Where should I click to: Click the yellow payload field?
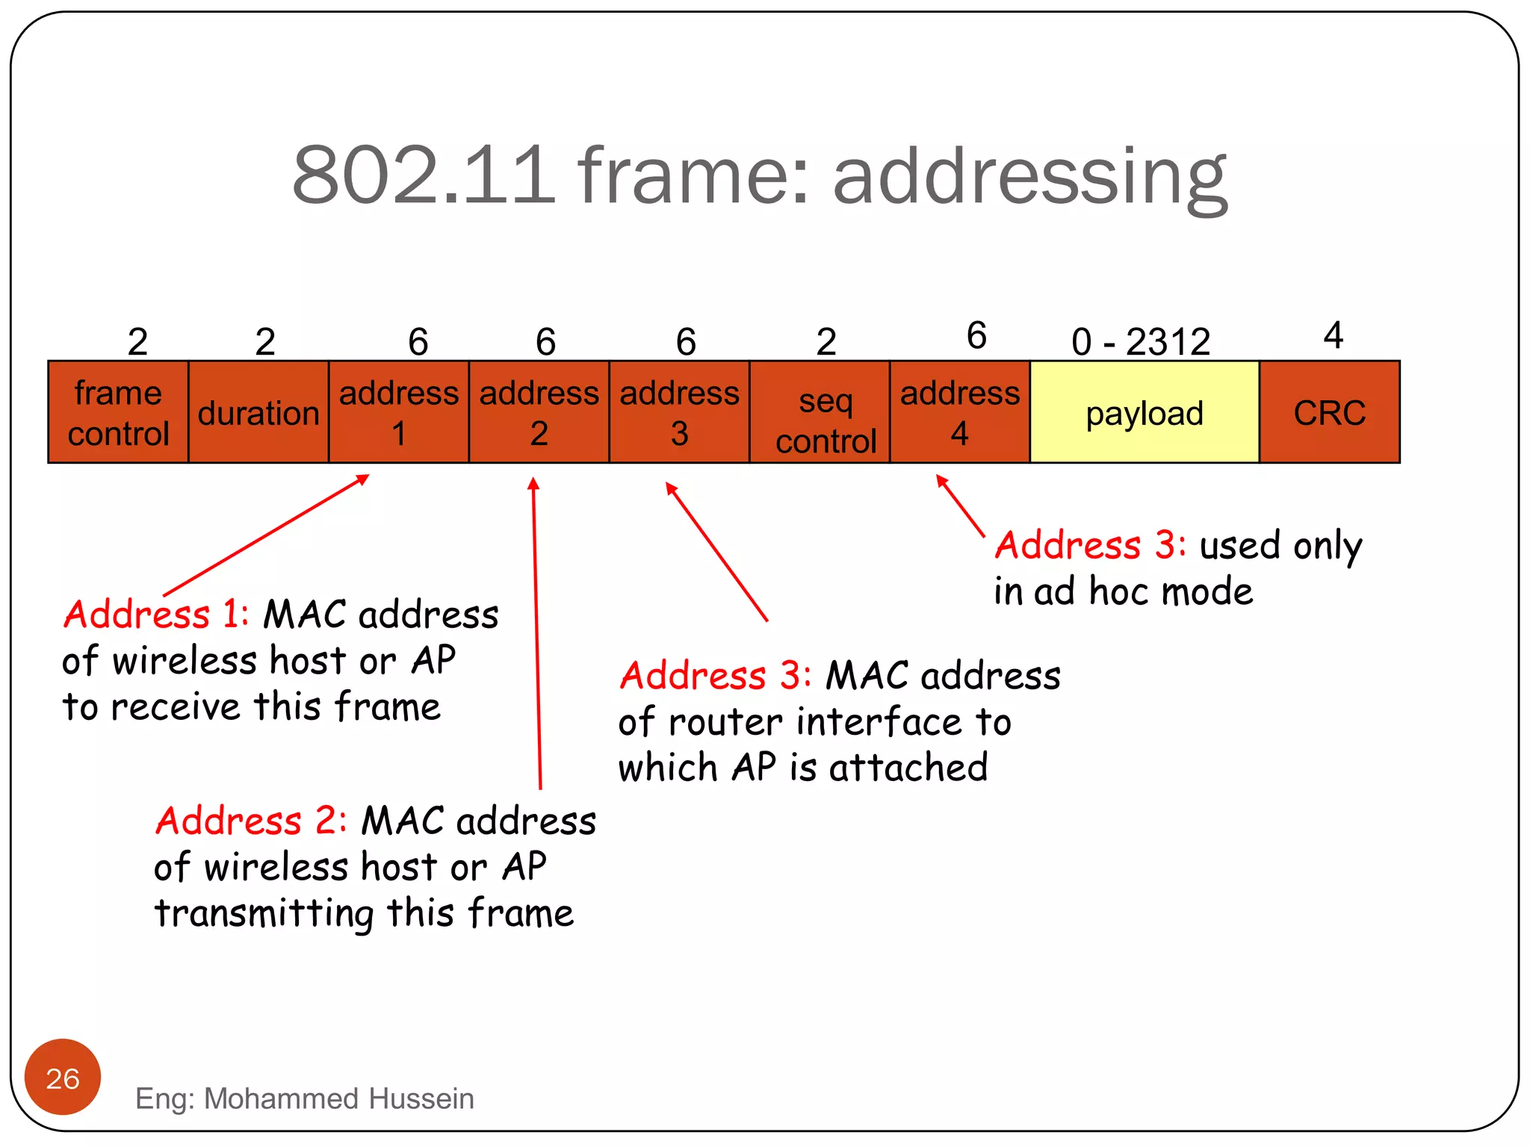point(1144,412)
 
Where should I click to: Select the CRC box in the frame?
point(1329,412)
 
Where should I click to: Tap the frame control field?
point(118,412)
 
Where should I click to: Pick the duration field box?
point(258,412)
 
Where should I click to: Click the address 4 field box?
point(959,412)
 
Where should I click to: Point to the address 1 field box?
point(399,412)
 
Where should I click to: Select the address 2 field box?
point(539,412)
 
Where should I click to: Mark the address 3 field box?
point(679,412)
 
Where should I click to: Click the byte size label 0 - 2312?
point(1141,342)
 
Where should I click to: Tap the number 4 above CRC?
point(1333,335)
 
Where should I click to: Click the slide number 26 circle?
point(63,1077)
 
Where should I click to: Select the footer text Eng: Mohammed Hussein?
point(305,1098)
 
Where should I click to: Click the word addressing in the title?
point(1030,176)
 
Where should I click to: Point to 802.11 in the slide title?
point(424,176)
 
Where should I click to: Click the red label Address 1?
point(155,615)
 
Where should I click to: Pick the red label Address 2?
point(251,821)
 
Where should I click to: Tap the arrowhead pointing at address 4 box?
point(942,482)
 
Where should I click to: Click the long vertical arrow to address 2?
point(536,635)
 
